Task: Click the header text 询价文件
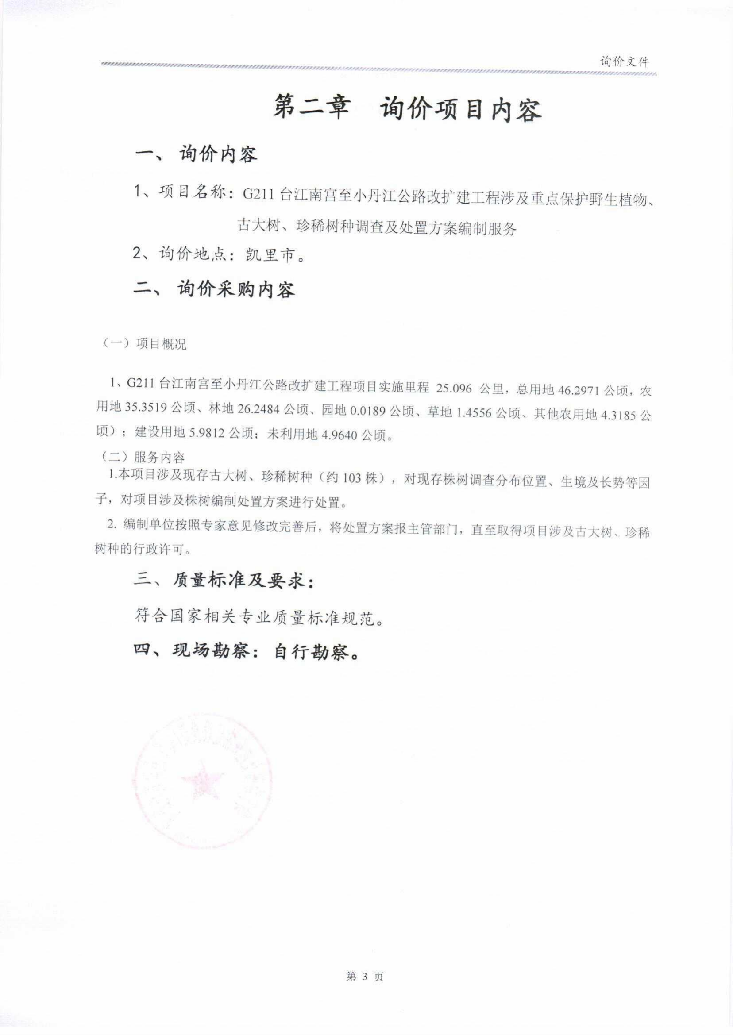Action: pos(625,62)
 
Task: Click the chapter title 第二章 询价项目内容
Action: pos(407,110)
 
